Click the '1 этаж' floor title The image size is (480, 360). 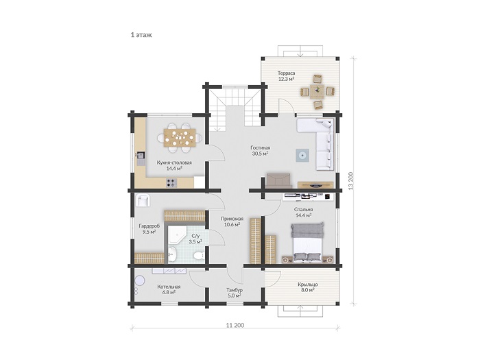point(141,35)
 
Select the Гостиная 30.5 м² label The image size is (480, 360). point(260,151)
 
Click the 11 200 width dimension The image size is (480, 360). point(235,325)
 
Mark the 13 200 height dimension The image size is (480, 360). point(351,181)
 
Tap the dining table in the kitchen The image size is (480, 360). point(180,137)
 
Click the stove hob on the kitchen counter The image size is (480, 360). point(171,183)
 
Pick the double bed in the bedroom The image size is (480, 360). point(307,242)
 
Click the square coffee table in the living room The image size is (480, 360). point(302,155)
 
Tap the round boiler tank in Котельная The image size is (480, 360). point(141,281)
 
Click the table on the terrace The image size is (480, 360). point(317,91)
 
